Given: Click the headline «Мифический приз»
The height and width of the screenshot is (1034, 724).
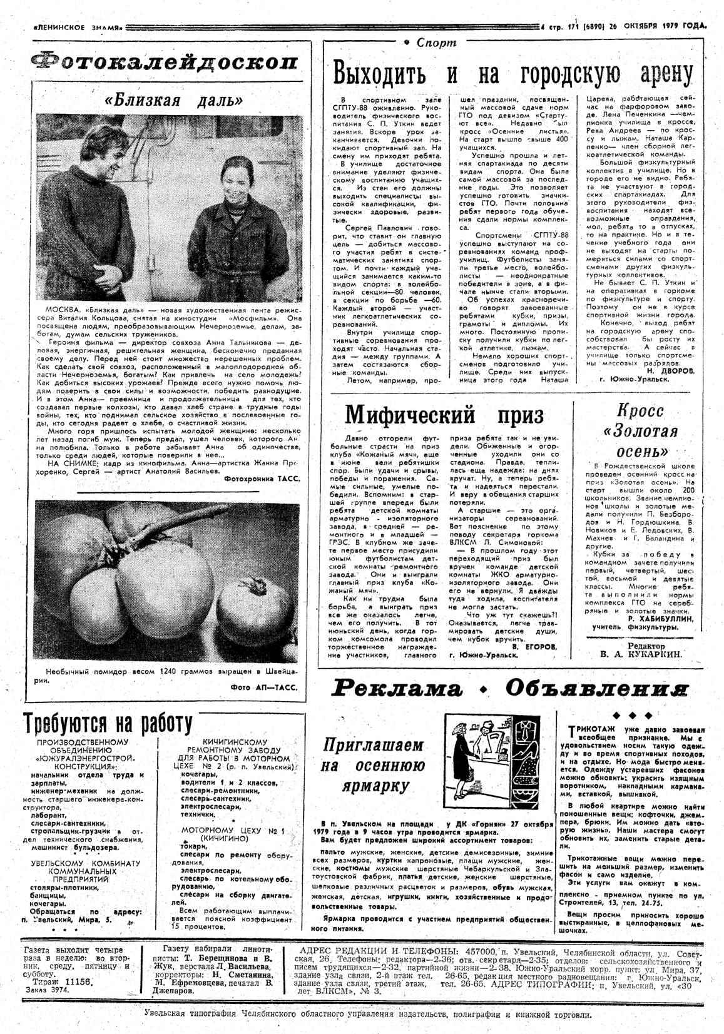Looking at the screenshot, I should tap(444, 415).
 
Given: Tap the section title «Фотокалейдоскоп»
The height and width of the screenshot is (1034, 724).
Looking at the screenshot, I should tap(165, 63).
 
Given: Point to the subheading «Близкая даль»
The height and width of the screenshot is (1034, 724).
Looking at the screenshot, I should tap(170, 100).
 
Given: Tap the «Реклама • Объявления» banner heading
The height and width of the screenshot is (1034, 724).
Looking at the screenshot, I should tap(511, 689).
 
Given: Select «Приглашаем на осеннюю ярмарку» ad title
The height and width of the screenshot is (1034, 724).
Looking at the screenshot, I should tap(374, 764).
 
